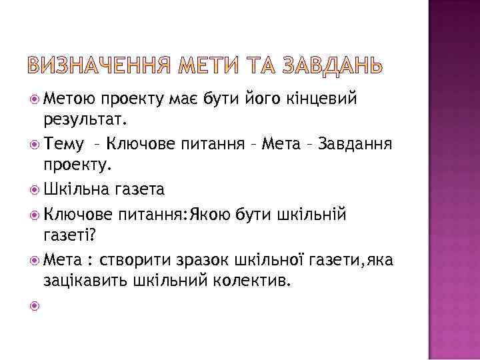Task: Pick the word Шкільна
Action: (x=79, y=189)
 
